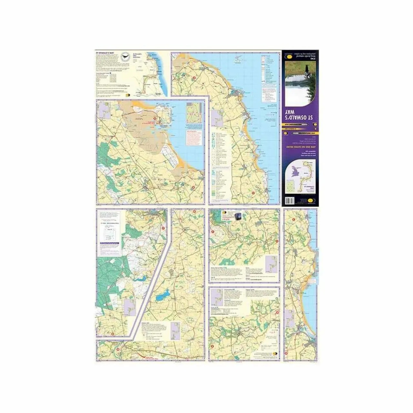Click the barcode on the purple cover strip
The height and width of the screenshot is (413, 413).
pyautogui.click(x=288, y=201)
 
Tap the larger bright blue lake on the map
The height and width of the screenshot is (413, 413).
pyautogui.click(x=162, y=295)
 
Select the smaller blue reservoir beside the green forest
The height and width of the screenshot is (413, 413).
pyautogui.click(x=141, y=278)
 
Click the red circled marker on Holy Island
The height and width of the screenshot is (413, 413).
pyautogui.click(x=154, y=118)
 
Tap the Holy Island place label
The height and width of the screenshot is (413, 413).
pyautogui.click(x=165, y=126)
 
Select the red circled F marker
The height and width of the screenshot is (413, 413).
pyautogui.click(x=163, y=228)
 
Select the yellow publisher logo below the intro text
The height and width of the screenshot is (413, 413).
pyautogui.click(x=130, y=95)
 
